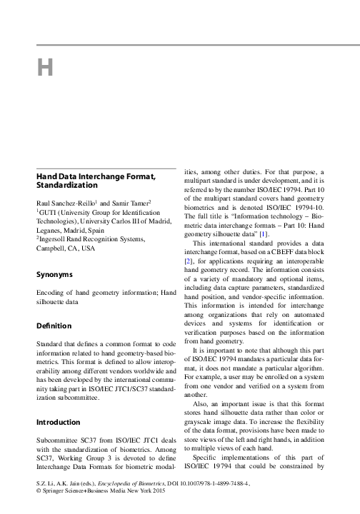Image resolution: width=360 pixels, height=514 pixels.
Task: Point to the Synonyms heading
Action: coord(54,273)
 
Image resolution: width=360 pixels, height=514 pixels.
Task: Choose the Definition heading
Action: coord(54,325)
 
